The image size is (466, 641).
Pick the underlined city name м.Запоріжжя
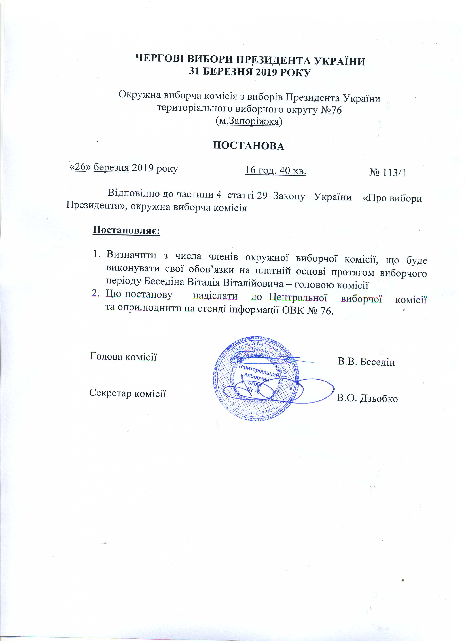249,121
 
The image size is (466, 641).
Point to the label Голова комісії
123,356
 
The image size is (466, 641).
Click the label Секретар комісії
128,393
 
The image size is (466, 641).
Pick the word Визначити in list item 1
131,255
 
